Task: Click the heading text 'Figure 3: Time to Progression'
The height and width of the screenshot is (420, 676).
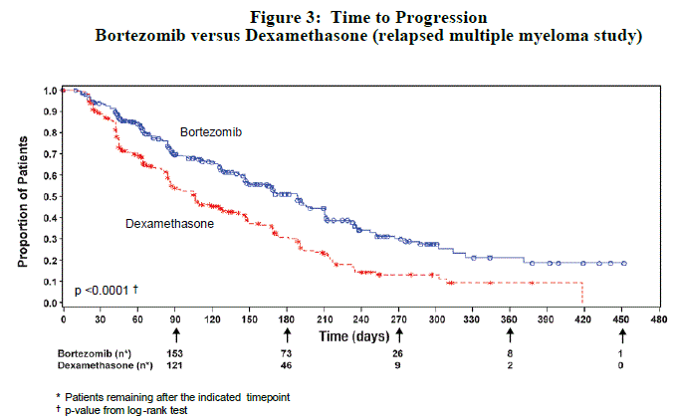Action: point(367,18)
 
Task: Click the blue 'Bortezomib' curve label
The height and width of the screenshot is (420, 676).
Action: point(211,131)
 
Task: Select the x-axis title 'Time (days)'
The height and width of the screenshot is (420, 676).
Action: point(355,337)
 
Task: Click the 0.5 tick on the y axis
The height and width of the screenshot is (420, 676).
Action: point(49,197)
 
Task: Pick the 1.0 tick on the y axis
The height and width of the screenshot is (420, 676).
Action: point(49,91)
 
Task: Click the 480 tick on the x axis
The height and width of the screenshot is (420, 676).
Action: point(659,319)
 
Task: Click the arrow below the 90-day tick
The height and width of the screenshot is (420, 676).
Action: point(176,336)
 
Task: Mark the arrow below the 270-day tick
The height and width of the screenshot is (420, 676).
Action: point(399,336)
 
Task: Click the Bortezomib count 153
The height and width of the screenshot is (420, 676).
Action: point(176,353)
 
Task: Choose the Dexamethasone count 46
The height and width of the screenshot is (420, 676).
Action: point(288,366)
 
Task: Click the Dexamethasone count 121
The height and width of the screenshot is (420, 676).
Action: point(176,366)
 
